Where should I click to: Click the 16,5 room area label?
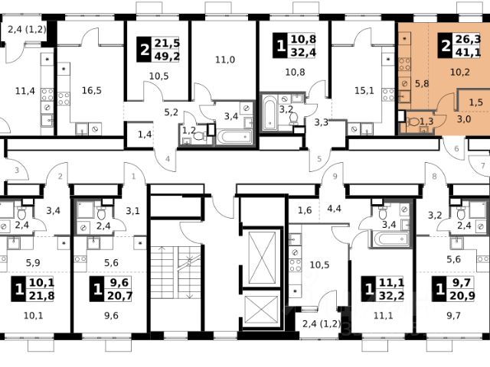(92, 90)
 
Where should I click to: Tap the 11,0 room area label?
(225, 60)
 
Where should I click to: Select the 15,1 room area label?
(364, 90)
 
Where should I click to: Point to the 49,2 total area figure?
(167, 56)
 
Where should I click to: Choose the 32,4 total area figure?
(303, 52)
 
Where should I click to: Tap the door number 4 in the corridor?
(168, 159)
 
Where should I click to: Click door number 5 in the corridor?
(319, 159)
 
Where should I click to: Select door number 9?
(335, 177)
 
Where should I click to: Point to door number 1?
(134, 177)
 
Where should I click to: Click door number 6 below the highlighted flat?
(456, 148)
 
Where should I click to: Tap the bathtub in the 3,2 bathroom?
(269, 112)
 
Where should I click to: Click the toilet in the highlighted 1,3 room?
(413, 122)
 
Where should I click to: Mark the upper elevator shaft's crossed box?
(262, 258)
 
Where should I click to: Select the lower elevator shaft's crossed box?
(261, 310)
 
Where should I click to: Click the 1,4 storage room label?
(145, 135)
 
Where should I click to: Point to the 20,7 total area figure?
(120, 295)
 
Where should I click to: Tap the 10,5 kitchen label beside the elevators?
(319, 265)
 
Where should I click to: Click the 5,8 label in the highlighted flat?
(422, 83)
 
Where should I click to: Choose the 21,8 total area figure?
(42, 295)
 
